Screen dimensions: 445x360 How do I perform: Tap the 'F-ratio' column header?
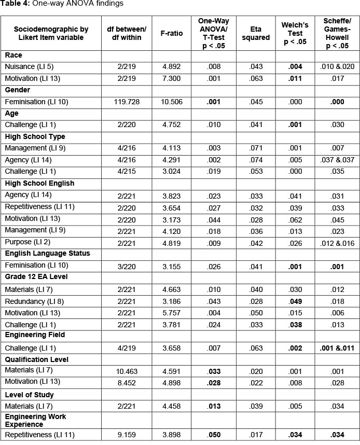[172, 33]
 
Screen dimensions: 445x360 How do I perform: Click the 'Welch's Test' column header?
[295, 33]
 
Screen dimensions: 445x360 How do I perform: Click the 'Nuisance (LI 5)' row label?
[29, 67]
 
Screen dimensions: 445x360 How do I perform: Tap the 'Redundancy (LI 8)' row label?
[33, 301]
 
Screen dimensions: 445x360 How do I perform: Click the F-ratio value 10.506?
[172, 103]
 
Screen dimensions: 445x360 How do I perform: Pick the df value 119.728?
[127, 103]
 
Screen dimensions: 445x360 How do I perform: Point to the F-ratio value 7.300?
[172, 78]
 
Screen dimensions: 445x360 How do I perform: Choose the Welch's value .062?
[295, 218]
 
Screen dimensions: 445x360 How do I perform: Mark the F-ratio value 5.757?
[172, 312]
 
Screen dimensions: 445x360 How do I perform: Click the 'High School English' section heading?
[39, 183]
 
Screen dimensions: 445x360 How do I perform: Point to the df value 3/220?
[127, 265]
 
